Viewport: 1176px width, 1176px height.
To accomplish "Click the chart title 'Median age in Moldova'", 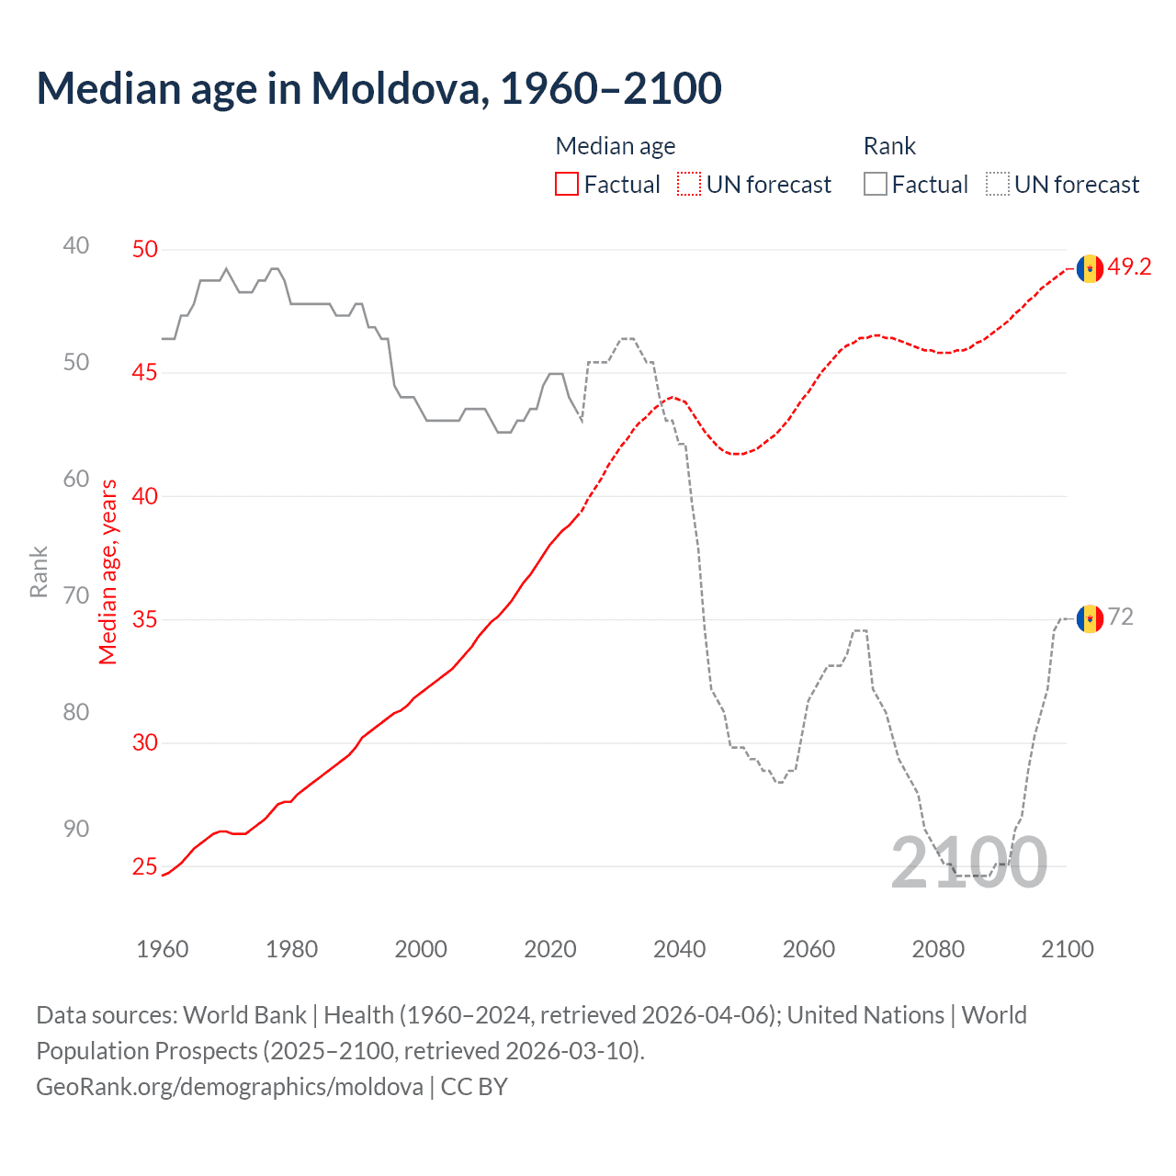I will tap(379, 89).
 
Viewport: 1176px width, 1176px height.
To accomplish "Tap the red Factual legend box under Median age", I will tap(567, 185).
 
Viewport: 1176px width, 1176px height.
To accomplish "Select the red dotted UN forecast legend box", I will tap(689, 185).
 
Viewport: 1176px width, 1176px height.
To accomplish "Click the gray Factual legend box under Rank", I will tap(876, 185).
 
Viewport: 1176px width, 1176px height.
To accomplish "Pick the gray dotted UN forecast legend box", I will tap(998, 185).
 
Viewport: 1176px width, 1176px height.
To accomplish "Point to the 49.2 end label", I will tap(1129, 267).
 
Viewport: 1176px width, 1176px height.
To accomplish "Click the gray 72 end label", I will tap(1121, 617).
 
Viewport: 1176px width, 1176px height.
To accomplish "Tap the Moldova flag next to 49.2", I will tap(1090, 268).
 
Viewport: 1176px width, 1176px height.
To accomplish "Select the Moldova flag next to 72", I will tap(1090, 618).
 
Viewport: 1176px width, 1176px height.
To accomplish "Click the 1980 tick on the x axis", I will tap(291, 949).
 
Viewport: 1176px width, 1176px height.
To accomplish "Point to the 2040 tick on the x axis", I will tap(679, 949).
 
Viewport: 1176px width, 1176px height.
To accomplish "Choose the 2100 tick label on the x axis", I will tap(1067, 949).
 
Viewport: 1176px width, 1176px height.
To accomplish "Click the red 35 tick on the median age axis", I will tap(145, 620).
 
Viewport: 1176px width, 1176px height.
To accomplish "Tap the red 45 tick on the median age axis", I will tap(145, 373).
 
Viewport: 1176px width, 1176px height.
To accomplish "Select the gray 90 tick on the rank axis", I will tap(76, 829).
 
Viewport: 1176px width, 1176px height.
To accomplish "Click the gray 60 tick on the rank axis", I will tap(76, 479).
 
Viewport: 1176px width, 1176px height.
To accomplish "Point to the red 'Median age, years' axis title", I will tap(108, 571).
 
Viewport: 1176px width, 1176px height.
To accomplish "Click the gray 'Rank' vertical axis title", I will tap(39, 571).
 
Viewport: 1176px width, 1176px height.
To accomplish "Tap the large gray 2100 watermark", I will tap(968, 863).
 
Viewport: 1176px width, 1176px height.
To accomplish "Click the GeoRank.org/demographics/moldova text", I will tap(230, 1087).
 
